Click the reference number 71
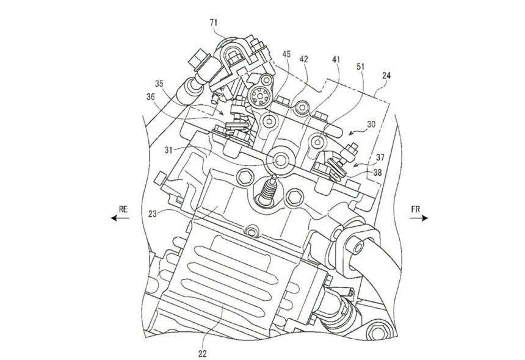[x=214, y=23]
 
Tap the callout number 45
[x=286, y=54]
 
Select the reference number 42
[x=303, y=59]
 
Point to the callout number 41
[x=336, y=60]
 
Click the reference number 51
[x=360, y=67]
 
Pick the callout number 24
[x=386, y=76]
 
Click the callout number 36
[x=150, y=97]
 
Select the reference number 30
[x=371, y=124]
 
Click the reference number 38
[x=377, y=173]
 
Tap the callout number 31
[x=168, y=150]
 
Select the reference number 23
[x=153, y=214]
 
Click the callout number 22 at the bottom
[x=202, y=353]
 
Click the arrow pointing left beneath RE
[x=120, y=218]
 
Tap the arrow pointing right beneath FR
[x=419, y=218]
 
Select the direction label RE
[x=123, y=209]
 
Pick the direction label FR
[x=415, y=209]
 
